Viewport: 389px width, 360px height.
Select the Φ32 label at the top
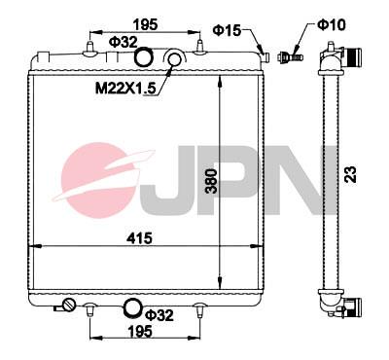tap(121, 42)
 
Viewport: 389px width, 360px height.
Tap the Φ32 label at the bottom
tap(158, 315)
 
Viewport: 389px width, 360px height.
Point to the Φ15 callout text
tap(226, 31)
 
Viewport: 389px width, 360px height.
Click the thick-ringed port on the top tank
tap(144, 59)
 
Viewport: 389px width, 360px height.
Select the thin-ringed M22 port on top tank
tap(175, 62)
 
